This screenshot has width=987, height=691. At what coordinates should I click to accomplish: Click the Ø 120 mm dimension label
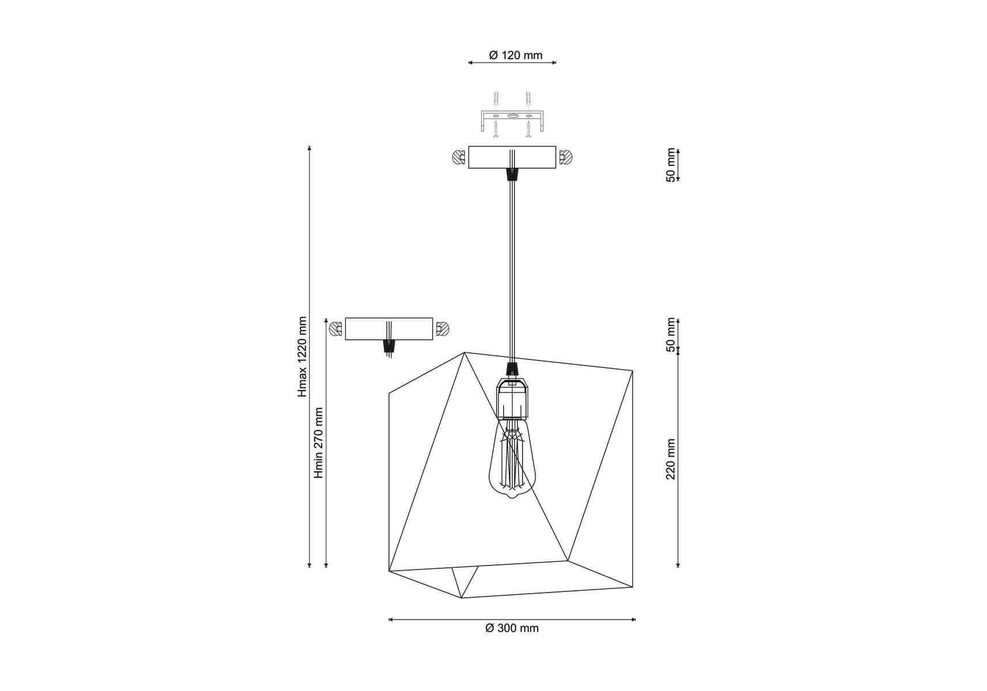click(x=515, y=55)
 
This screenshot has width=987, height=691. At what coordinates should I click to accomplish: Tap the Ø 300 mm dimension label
click(x=512, y=628)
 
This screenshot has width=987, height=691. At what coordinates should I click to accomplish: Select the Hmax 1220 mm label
click(x=303, y=356)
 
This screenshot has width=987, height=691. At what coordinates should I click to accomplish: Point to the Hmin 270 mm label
click(x=319, y=443)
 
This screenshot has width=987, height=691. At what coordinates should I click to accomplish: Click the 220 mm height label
click(x=670, y=459)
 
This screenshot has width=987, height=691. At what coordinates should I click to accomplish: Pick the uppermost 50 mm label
click(x=670, y=165)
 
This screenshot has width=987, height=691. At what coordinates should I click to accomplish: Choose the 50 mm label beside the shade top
click(x=670, y=335)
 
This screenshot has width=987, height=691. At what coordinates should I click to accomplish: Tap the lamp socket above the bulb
click(x=512, y=397)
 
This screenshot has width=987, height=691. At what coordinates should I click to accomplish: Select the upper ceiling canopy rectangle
click(x=512, y=157)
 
